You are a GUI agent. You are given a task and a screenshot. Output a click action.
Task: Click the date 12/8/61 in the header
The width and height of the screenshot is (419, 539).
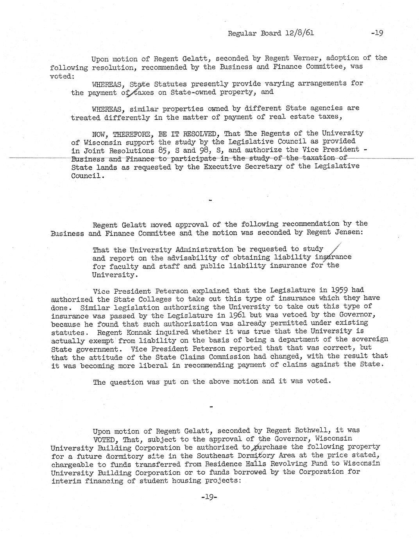pyautogui.click(x=300, y=33)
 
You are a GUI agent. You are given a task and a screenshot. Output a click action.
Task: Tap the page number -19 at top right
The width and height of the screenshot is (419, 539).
pyautogui.click(x=377, y=33)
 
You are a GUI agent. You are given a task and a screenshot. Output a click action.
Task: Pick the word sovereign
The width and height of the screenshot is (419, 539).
pyautogui.click(x=369, y=339)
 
